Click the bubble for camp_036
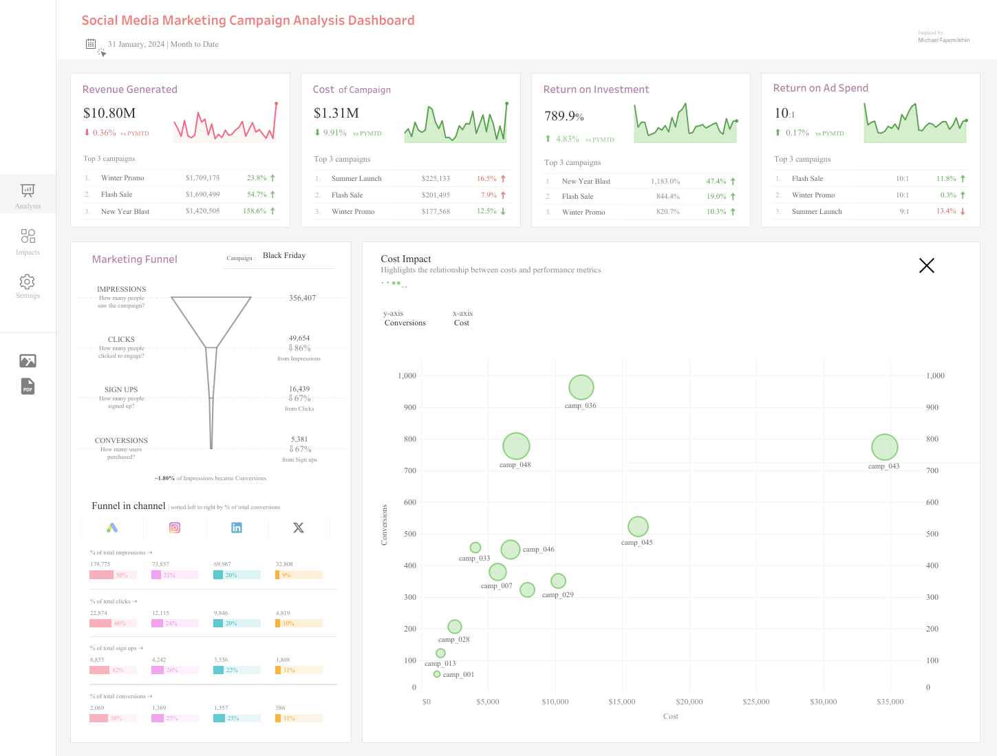tap(581, 387)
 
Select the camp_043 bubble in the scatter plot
tap(885, 447)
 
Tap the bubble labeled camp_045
tap(638, 526)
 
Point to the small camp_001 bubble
tap(437, 674)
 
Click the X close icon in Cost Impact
tap(926, 266)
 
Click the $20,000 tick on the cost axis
tap(689, 702)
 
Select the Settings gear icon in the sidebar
tap(28, 282)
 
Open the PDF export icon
tap(28, 387)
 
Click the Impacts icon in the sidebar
tap(28, 237)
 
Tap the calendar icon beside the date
tap(91, 44)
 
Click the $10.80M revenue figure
tap(109, 113)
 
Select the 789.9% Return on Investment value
tap(564, 116)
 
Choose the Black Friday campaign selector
tap(284, 256)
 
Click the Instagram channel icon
tap(175, 528)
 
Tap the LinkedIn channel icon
tap(237, 528)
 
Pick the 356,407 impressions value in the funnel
tap(302, 298)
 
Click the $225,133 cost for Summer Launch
tap(436, 178)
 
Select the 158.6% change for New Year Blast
tap(255, 211)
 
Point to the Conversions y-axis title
tap(384, 525)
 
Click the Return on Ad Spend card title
tap(820, 88)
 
